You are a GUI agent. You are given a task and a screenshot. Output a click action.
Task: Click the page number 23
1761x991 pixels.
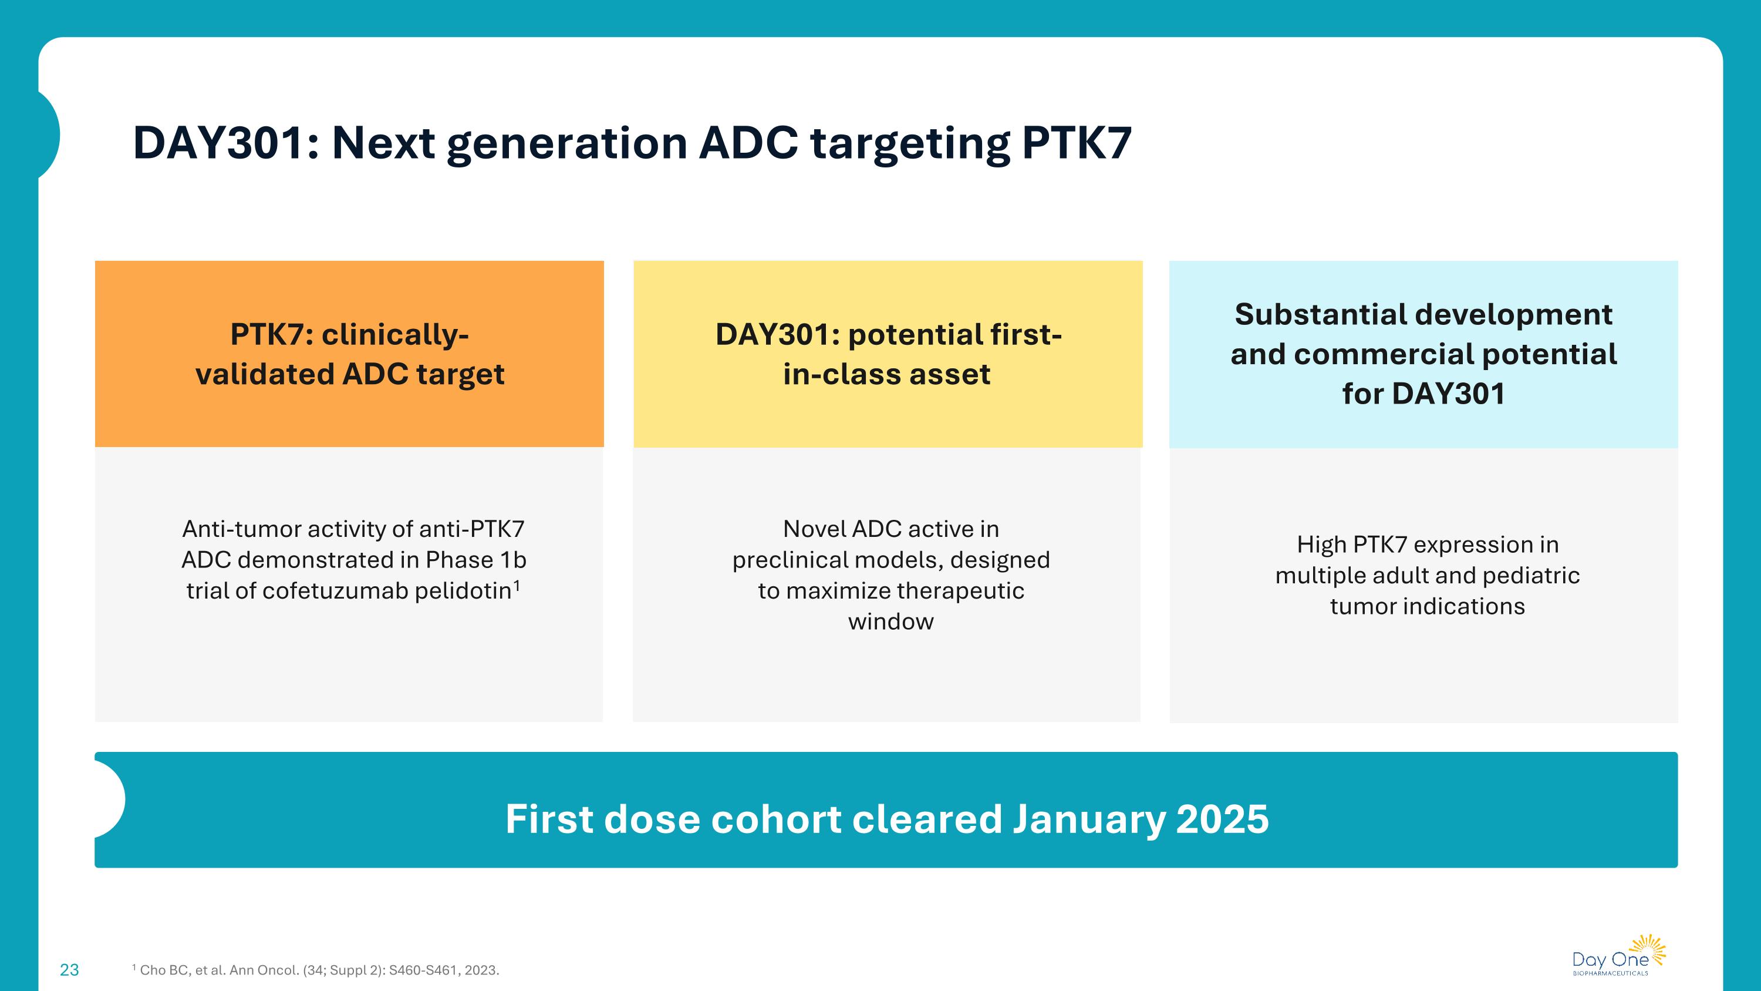[x=69, y=970]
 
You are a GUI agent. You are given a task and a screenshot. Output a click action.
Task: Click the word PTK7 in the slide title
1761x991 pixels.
[x=1077, y=143]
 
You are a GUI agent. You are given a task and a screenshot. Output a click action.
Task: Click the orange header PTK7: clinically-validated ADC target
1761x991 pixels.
[x=349, y=354]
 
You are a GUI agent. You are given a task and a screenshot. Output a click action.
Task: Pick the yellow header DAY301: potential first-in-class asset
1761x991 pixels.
[x=888, y=354]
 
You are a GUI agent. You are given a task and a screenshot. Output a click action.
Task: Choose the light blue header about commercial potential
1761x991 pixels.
[x=1423, y=354]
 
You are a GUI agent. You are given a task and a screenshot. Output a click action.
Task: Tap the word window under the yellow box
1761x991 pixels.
[x=890, y=622]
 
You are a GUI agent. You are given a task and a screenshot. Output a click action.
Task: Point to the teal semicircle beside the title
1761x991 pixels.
[x=49, y=135]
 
